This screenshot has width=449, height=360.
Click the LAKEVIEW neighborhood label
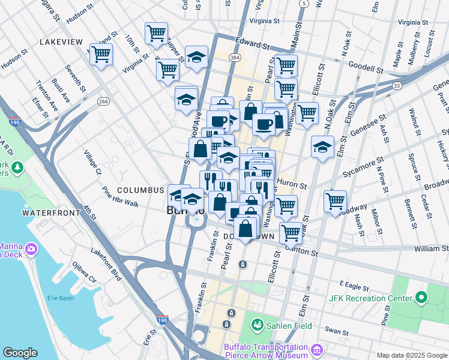(x=61, y=41)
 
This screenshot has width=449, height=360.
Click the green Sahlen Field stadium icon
(x=258, y=325)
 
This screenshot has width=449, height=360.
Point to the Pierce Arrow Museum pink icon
(x=316, y=349)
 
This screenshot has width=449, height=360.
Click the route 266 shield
(x=103, y=101)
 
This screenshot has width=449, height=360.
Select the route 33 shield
(x=397, y=86)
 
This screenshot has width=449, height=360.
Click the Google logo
(x=20, y=353)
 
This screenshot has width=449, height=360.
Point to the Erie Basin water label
(x=60, y=298)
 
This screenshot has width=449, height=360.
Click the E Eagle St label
(x=352, y=283)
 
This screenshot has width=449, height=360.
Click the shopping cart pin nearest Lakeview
(x=101, y=55)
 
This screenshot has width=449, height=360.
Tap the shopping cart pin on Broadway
(x=335, y=202)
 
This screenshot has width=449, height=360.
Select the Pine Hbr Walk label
(x=121, y=199)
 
